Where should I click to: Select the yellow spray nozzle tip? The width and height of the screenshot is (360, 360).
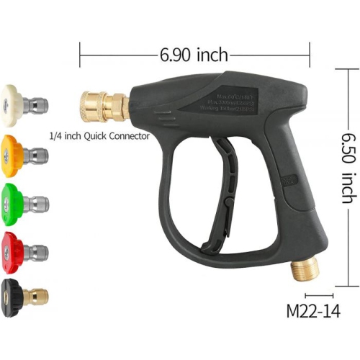coord(13,153)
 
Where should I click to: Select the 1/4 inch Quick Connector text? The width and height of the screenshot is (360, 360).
coord(99,135)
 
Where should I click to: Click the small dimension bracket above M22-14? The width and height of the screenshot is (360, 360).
coord(318,296)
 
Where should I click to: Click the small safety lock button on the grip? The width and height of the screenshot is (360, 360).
coord(287,181)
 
